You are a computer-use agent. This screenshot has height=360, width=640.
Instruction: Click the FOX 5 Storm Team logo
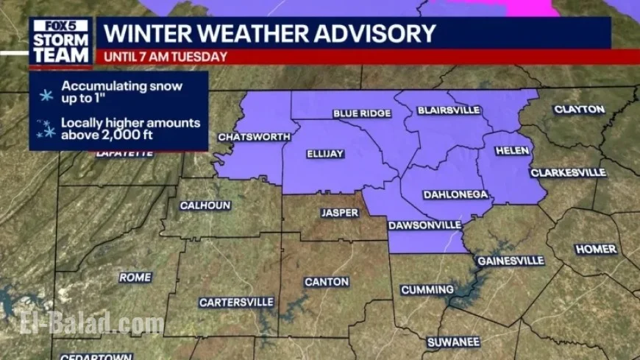click(60, 41)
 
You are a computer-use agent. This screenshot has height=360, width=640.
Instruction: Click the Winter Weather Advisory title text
click(269, 33)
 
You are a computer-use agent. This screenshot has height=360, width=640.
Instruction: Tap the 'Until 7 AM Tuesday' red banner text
click(165, 57)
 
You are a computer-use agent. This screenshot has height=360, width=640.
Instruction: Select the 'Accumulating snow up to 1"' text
click(121, 91)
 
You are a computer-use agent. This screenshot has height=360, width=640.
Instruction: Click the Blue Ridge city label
click(362, 113)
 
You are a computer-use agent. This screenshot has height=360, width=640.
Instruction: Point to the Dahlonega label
click(456, 195)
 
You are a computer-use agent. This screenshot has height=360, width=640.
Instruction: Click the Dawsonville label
click(425, 225)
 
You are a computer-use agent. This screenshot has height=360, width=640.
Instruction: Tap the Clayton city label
click(579, 110)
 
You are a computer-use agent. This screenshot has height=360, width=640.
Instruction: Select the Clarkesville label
click(568, 173)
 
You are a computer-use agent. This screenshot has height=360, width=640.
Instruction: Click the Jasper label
click(339, 213)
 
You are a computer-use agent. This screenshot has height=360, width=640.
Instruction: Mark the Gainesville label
click(511, 261)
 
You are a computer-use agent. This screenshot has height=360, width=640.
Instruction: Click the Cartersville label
click(236, 303)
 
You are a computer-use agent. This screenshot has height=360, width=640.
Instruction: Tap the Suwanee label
click(454, 342)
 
